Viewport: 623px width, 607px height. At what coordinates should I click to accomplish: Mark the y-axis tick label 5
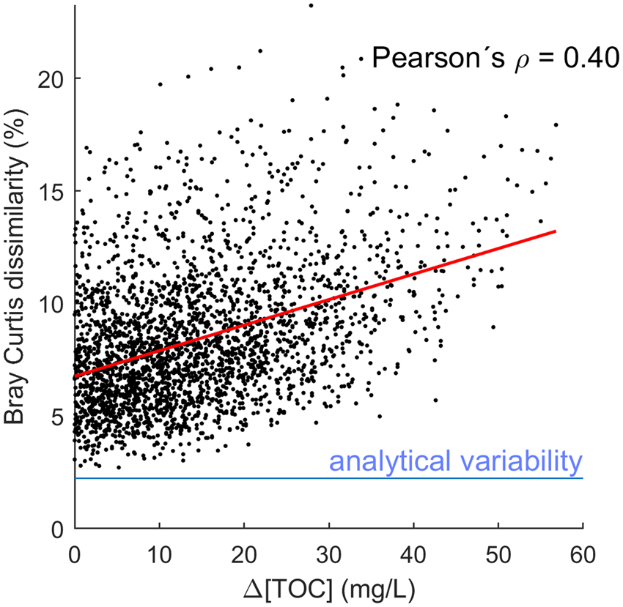tap(57, 416)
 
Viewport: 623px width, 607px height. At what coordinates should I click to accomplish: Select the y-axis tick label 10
tap(50, 303)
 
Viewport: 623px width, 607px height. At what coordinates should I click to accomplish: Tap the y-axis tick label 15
tap(50, 191)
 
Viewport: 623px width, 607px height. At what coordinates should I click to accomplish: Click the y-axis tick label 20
tap(50, 78)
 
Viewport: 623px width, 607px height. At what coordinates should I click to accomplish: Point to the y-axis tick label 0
tap(57, 528)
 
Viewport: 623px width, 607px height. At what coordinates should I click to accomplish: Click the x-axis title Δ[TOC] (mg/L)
tap(328, 586)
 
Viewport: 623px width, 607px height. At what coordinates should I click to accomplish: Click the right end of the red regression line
tap(555, 231)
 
